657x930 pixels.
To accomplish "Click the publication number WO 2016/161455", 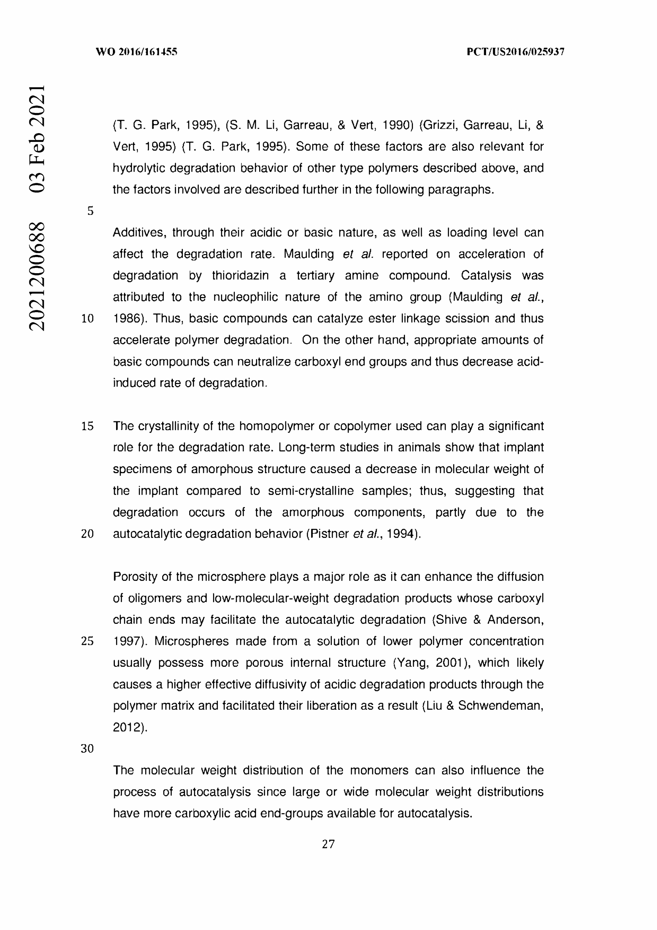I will pos(136,52).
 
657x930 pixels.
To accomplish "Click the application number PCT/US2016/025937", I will pos(516,52).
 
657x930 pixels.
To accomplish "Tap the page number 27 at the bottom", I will pos(328,844).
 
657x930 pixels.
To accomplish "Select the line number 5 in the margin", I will pos(90,211).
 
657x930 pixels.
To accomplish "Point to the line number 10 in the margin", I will pos(87,319).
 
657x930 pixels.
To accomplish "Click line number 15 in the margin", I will pos(87,426).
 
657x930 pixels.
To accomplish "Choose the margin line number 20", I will pos(87,534).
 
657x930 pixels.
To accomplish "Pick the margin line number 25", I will pos(87,641).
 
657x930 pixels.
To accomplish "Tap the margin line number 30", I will pos(87,749).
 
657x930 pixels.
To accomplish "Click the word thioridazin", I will pos(240,276).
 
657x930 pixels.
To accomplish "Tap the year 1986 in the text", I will pos(126,319).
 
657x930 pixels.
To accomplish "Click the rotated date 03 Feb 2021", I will pos(37,138).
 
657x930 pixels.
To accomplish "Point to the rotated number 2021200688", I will pos(37,276).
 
